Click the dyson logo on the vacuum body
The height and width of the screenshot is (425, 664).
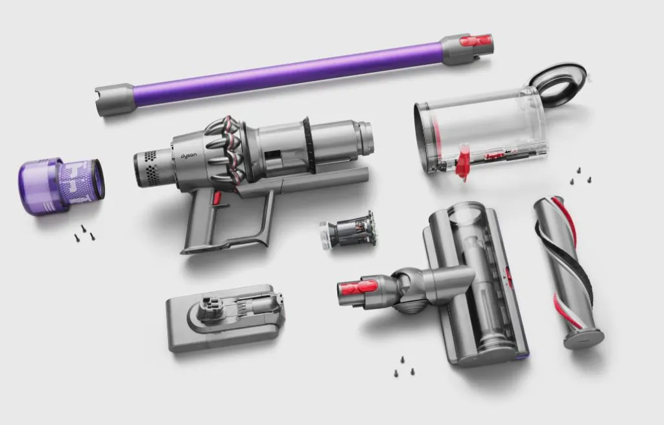coord(189,156)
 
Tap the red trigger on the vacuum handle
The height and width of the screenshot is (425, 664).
coord(217,198)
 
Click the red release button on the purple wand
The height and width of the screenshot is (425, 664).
coord(476,41)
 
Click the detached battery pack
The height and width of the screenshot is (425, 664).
coord(225,317)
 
